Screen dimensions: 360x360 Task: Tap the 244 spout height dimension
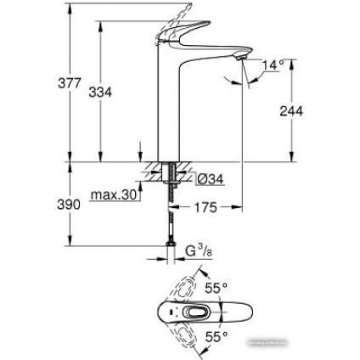(x=292, y=112)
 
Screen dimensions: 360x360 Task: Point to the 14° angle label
(x=272, y=64)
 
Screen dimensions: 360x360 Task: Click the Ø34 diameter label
(x=208, y=178)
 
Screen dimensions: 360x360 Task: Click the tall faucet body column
(x=165, y=110)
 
